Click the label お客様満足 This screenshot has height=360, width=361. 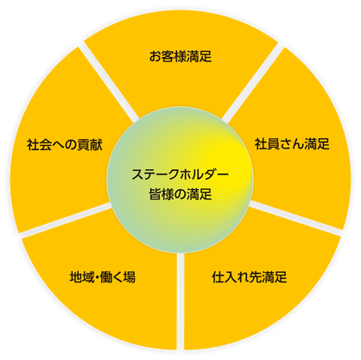180,56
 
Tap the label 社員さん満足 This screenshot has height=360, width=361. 292,144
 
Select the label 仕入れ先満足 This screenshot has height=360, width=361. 250,277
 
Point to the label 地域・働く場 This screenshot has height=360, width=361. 103,277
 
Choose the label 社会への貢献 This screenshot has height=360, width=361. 65,144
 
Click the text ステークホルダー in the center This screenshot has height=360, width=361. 180,174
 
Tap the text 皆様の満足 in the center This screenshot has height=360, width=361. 180,194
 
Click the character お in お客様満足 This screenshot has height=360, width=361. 155,56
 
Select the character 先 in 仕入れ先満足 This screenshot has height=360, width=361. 256,277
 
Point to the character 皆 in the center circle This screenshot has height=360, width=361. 155,194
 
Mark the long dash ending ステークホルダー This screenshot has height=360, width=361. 223,174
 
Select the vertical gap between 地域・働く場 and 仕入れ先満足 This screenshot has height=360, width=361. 180,301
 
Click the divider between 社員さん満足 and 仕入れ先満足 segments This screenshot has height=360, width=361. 295,218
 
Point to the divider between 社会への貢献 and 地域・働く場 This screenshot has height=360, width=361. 66,220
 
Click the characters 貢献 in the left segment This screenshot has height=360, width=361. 90,144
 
